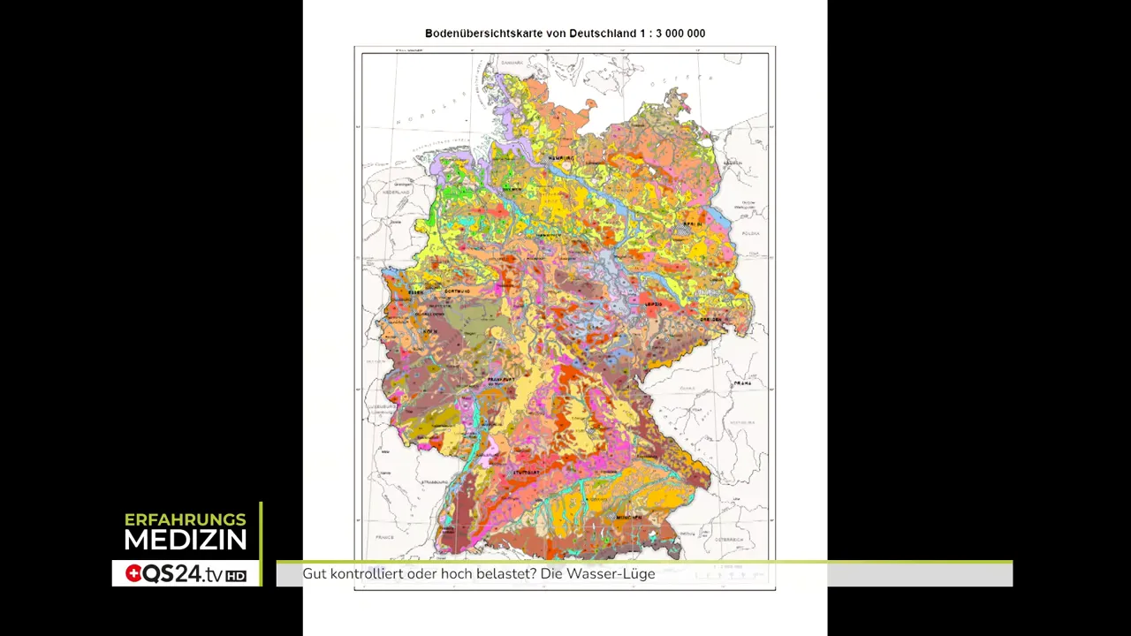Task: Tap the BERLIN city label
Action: tap(692, 224)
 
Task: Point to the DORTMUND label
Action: tap(457, 291)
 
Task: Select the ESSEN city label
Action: tap(416, 291)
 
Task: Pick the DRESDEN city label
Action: tap(711, 319)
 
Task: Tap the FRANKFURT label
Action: tap(501, 379)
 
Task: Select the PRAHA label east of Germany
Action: tap(742, 383)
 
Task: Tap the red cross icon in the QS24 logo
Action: tap(133, 574)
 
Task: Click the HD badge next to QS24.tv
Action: tap(236, 576)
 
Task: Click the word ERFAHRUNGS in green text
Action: tap(186, 519)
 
